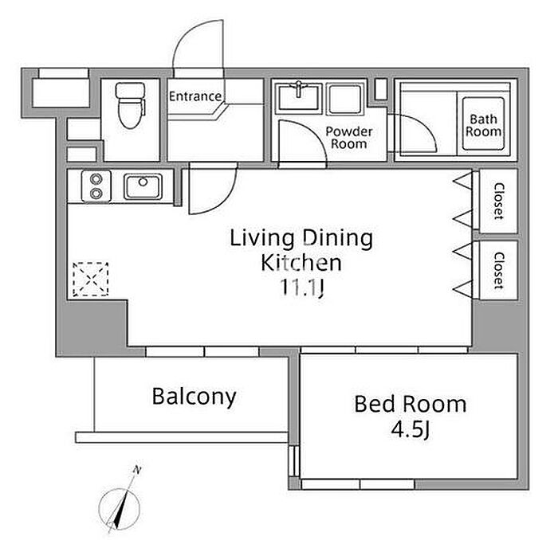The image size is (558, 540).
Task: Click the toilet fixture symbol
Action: (x=130, y=105)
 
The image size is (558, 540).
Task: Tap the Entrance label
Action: (x=195, y=96)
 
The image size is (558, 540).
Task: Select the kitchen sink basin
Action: (x=143, y=186)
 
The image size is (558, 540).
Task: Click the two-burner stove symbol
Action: (x=96, y=186)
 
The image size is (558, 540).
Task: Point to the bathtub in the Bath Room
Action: (x=483, y=123)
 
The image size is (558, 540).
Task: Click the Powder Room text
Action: (x=349, y=138)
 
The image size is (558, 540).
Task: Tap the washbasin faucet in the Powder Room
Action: (x=299, y=88)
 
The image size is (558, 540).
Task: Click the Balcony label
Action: (x=194, y=397)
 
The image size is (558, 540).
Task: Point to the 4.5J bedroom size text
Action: (x=411, y=430)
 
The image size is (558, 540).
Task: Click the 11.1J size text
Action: (x=302, y=288)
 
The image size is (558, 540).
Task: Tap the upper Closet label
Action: (x=499, y=201)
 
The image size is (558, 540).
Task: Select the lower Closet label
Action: (x=499, y=271)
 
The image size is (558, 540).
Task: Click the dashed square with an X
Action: (x=90, y=280)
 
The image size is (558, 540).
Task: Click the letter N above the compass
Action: (x=136, y=471)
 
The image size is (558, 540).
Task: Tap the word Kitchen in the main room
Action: (x=301, y=263)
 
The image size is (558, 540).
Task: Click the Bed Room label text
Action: (x=411, y=404)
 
